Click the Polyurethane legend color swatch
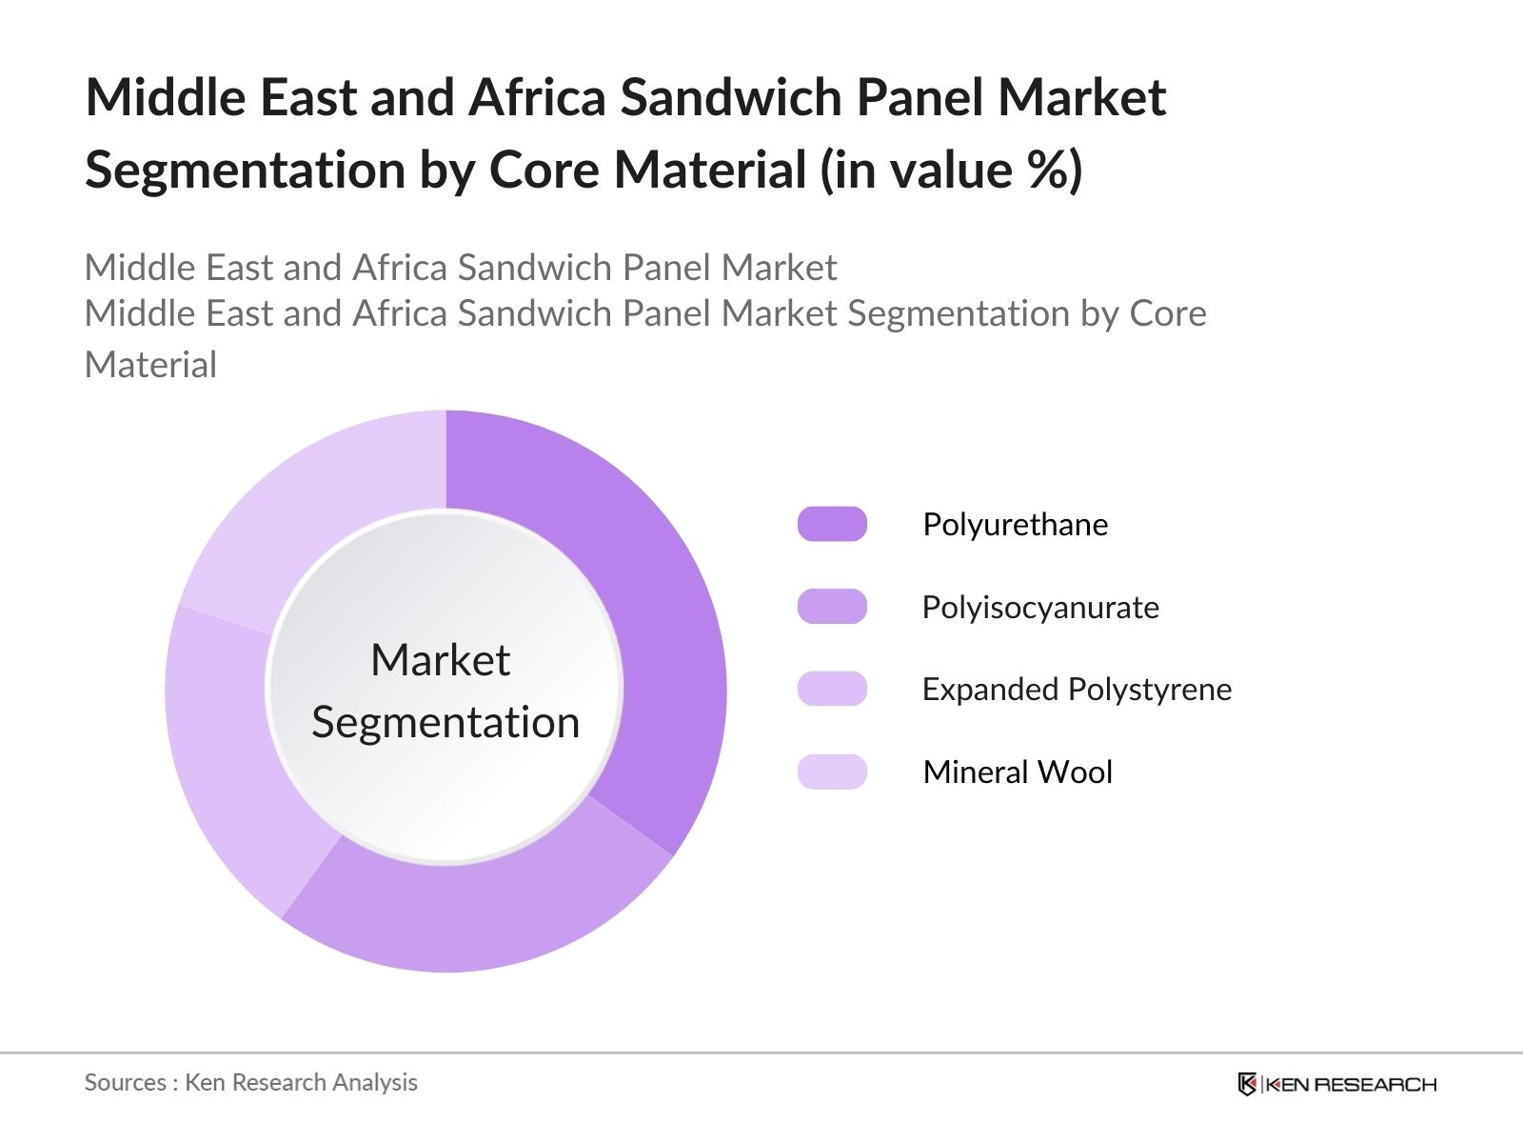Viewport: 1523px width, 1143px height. tap(832, 524)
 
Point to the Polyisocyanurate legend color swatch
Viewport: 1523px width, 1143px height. tap(832, 607)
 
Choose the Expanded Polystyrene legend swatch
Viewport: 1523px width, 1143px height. tap(832, 689)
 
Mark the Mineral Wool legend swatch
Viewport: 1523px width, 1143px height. tap(832, 772)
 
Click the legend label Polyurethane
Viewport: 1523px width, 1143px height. tap(1015, 525)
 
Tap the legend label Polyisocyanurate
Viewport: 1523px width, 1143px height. tap(1040, 608)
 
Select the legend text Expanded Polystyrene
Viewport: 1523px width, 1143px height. tap(1077, 690)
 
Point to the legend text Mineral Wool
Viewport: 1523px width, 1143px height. tap(1018, 772)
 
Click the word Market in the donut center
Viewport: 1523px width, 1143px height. tap(441, 659)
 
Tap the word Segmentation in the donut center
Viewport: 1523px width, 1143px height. tap(445, 722)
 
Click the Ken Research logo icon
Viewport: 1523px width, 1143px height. tap(1247, 1083)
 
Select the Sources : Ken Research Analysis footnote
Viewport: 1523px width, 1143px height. tap(250, 1082)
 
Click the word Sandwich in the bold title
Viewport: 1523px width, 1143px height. tap(731, 97)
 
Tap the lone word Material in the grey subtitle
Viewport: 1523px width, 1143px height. tap(150, 365)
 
